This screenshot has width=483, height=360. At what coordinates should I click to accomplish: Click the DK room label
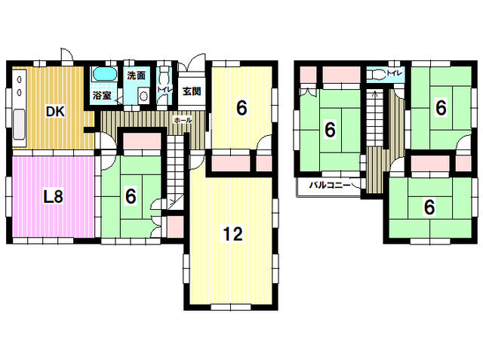click(54, 112)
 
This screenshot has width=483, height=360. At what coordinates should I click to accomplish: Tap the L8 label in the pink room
click(52, 198)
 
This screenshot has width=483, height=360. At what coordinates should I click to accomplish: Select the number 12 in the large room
click(232, 235)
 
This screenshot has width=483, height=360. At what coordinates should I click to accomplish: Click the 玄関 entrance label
click(192, 92)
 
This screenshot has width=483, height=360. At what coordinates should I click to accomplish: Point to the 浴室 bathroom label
click(102, 96)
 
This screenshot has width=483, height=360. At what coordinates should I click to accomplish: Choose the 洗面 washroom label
click(136, 76)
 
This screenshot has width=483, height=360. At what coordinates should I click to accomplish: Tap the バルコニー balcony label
click(328, 186)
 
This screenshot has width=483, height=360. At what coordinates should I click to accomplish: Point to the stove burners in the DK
click(19, 82)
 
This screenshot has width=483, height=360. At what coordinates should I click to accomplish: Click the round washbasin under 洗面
click(143, 96)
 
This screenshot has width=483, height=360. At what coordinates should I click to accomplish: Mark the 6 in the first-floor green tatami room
click(131, 196)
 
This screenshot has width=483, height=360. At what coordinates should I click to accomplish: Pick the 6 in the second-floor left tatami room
click(329, 131)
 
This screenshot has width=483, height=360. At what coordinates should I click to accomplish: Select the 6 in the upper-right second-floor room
click(440, 108)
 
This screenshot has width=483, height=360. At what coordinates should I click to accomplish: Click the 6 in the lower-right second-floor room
click(429, 206)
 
